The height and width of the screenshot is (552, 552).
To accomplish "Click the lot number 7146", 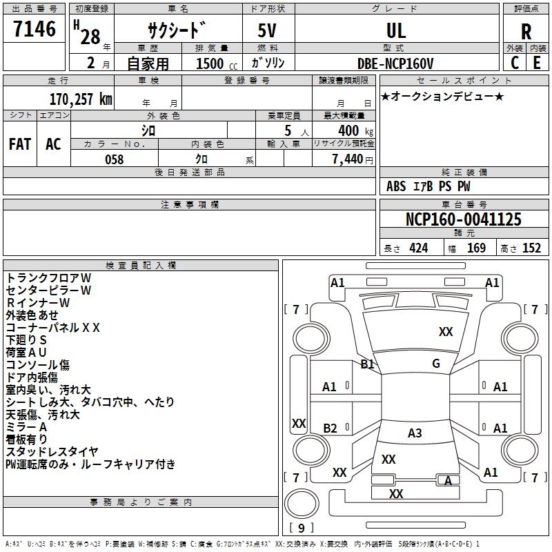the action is pyautogui.click(x=34, y=29).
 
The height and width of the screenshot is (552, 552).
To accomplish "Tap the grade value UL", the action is pyautogui.click(x=396, y=30).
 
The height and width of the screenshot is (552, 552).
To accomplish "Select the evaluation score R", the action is pyautogui.click(x=526, y=32).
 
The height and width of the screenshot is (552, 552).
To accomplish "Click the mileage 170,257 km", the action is pyautogui.click(x=81, y=99).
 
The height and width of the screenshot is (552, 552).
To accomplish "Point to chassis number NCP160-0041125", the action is pyautogui.click(x=464, y=219).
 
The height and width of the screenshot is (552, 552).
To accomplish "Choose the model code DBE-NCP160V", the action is pyautogui.click(x=395, y=63).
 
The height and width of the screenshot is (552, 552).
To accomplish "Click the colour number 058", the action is pyautogui.click(x=115, y=159).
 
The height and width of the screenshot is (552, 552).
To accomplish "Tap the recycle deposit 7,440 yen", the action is pyautogui.click(x=353, y=159).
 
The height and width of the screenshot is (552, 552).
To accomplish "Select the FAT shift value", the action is pyautogui.click(x=20, y=144).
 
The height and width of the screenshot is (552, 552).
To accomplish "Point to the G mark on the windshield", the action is pyautogui.click(x=436, y=364).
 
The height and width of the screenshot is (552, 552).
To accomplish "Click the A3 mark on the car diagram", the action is pyautogui.click(x=415, y=433).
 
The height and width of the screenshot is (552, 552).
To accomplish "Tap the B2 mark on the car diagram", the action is pyautogui.click(x=330, y=428).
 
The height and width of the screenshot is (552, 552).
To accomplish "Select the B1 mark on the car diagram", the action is pyautogui.click(x=367, y=364).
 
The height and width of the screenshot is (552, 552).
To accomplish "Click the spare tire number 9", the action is pyautogui.click(x=301, y=528).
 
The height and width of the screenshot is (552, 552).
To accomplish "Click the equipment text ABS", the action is pyautogui.click(x=396, y=186).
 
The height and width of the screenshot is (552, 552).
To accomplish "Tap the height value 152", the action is pyautogui.click(x=531, y=248).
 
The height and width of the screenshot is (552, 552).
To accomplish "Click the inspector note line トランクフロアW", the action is pyautogui.click(x=48, y=278).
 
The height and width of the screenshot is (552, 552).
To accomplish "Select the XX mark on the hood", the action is pyautogui.click(x=446, y=332).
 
